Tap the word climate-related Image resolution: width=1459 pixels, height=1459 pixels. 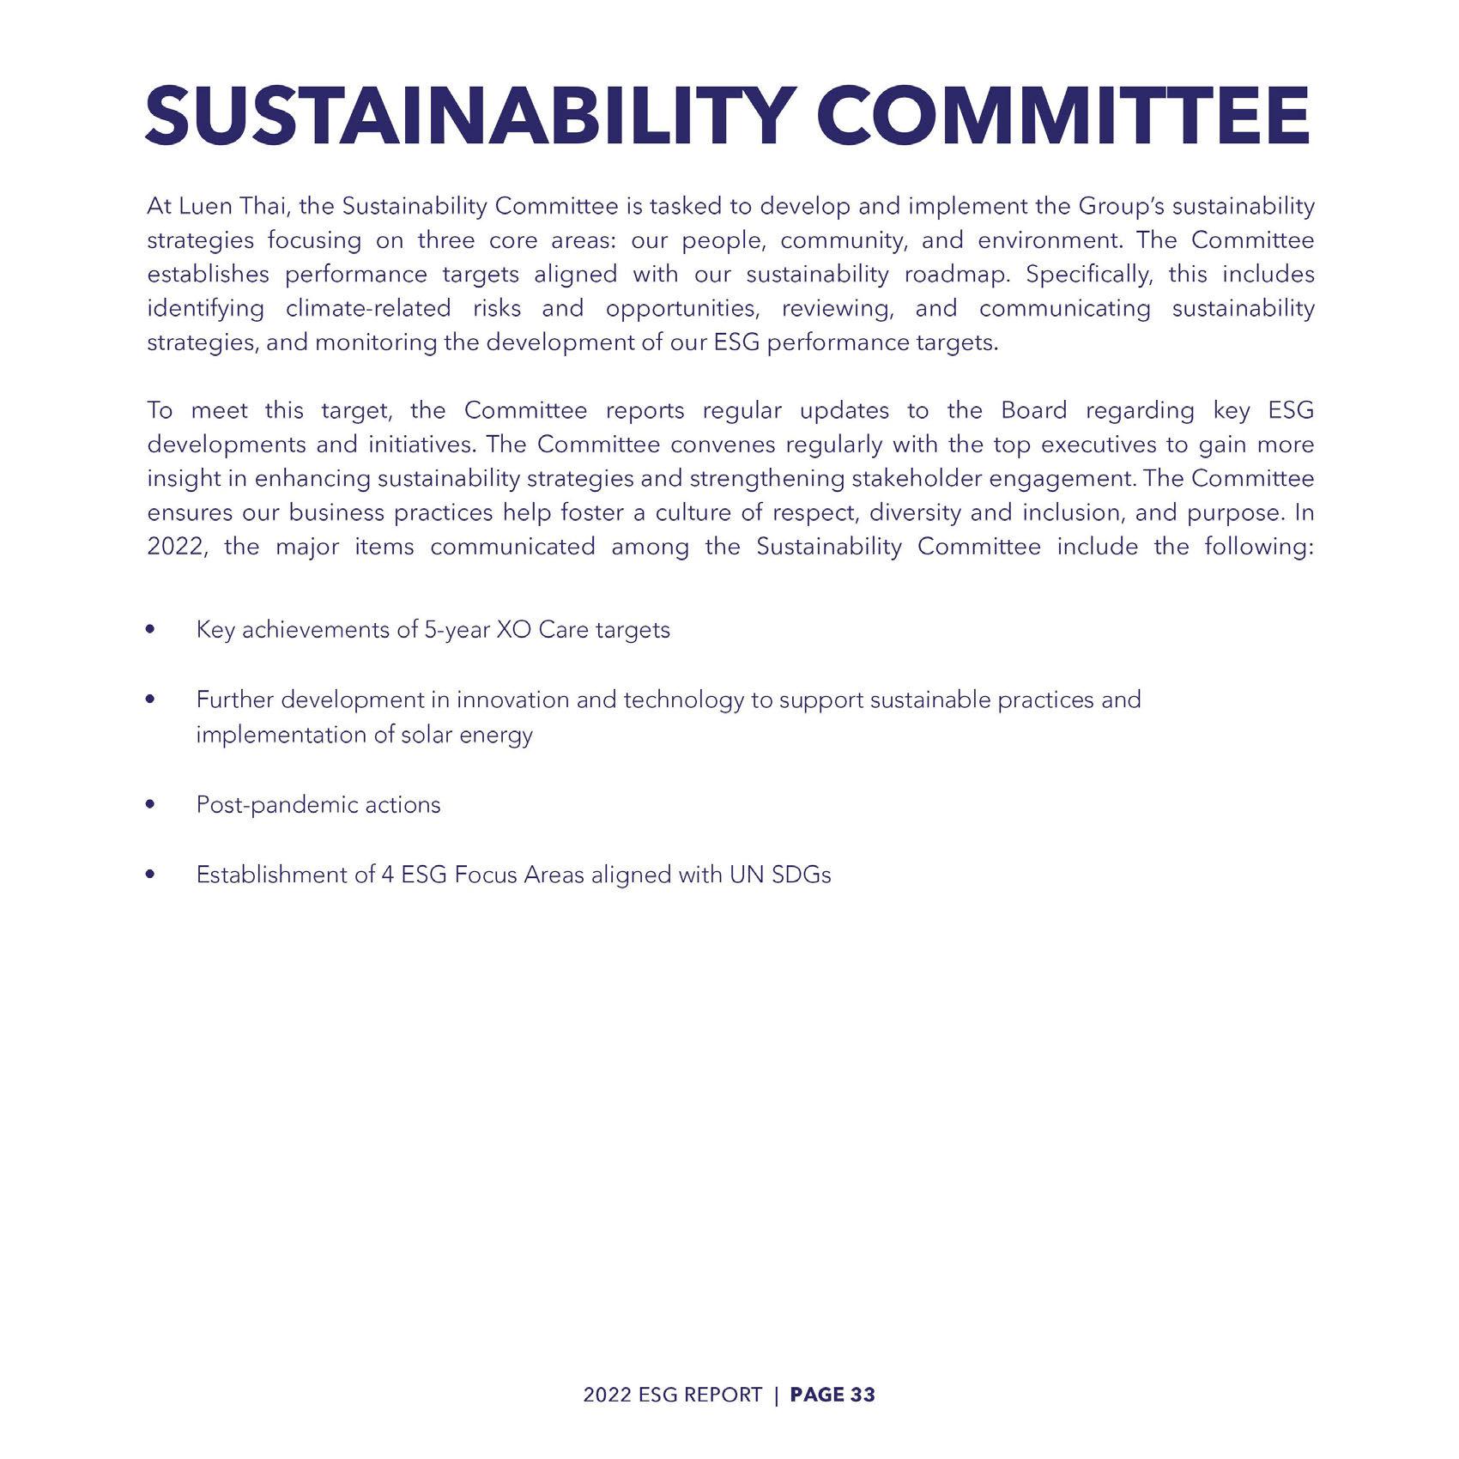coord(368,309)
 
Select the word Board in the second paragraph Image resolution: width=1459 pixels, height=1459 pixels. coord(1033,411)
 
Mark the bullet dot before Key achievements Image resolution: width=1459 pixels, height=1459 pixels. coord(152,630)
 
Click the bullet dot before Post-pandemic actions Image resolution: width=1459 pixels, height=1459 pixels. coord(152,805)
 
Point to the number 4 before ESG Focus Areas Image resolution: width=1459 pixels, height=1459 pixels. coord(387,875)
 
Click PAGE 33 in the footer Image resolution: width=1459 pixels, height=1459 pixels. coord(832,1395)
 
